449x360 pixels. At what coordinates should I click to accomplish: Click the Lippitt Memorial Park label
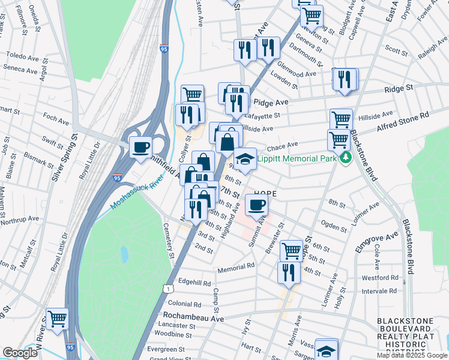tap(297, 159)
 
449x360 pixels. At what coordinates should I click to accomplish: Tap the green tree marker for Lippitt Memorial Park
tap(345, 158)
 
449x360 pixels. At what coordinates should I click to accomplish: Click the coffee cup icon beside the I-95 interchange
tap(141, 146)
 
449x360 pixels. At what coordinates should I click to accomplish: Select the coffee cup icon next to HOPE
tap(256, 205)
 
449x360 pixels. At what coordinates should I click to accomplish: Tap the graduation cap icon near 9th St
tap(244, 159)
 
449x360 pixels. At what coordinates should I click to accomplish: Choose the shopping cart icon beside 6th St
tap(291, 250)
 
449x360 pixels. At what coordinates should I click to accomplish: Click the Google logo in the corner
tap(20, 353)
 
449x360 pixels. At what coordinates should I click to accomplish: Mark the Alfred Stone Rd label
tap(403, 121)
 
